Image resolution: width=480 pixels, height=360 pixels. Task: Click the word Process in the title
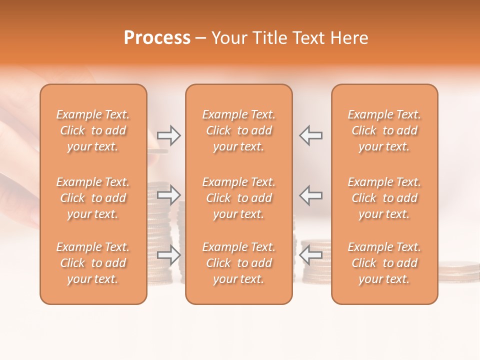[157, 38]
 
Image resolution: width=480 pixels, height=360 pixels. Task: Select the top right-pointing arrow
[168, 135]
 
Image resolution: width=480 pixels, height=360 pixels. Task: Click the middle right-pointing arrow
[168, 194]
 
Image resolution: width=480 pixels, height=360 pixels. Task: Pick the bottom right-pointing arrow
[168, 255]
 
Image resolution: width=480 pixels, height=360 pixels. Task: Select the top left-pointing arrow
[311, 135]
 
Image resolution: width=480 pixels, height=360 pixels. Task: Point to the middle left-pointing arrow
[311, 194]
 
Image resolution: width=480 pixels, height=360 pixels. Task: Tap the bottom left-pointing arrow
[311, 255]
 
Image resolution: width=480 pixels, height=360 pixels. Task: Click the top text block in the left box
[93, 130]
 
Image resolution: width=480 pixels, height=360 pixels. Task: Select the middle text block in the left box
[93, 198]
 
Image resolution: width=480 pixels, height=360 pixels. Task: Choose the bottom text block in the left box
[93, 263]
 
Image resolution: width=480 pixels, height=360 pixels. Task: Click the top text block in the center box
[239, 130]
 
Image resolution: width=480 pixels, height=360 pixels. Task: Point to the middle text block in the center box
[239, 198]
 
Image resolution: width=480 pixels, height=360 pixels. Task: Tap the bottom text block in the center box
[239, 263]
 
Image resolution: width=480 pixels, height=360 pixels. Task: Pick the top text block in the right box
[384, 130]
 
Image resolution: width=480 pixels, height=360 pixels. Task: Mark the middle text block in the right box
[384, 198]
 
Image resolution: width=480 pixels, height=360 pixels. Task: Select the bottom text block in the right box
[384, 263]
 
